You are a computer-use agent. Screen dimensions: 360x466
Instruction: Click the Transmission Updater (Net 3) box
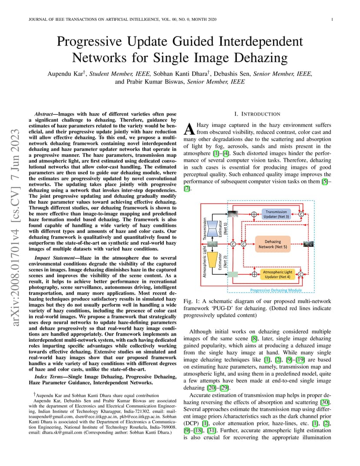(x=276, y=214)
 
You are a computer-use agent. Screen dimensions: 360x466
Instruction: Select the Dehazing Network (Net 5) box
(x=273, y=244)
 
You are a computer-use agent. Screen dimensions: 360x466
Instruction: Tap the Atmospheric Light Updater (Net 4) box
(x=277, y=274)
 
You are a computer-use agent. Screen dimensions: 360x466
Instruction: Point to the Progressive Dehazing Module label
(x=276, y=290)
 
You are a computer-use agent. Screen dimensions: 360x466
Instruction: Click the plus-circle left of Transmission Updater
(x=254, y=214)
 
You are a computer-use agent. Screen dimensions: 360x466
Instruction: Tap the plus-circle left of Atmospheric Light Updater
(x=254, y=274)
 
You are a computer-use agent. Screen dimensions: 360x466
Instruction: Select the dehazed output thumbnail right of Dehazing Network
(x=308, y=244)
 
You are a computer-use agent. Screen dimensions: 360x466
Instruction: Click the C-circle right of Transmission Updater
(x=301, y=214)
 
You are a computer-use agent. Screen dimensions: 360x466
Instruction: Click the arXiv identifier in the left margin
(x=15, y=227)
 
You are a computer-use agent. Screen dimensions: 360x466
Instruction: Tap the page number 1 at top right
(x=332, y=20)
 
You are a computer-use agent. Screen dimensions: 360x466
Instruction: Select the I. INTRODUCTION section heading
(x=257, y=114)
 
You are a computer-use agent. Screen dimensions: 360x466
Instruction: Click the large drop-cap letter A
(x=189, y=129)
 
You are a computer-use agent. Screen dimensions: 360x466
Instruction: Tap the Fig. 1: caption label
(x=191, y=301)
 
